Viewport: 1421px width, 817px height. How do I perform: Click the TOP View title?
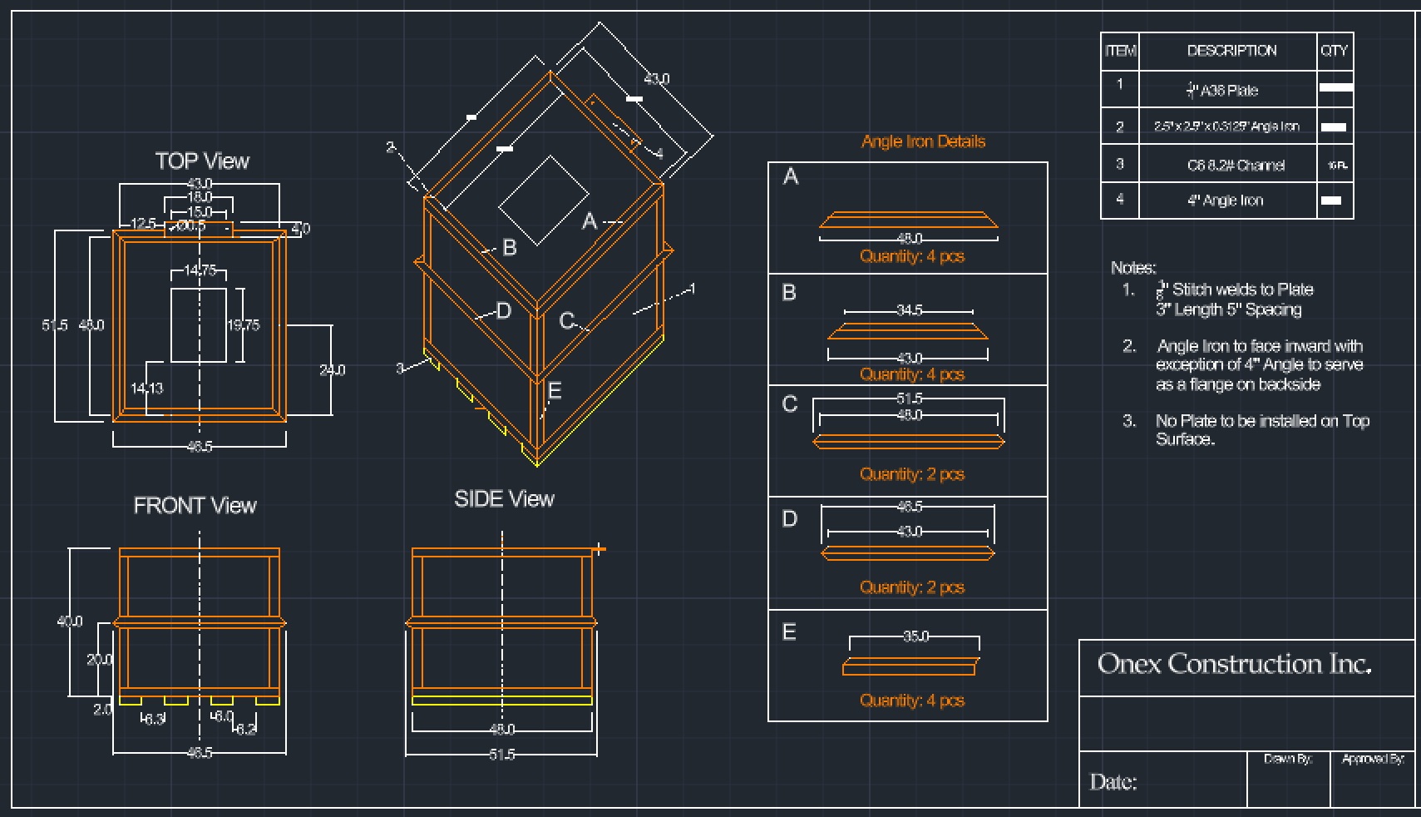202,161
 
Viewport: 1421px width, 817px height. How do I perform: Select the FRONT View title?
195,506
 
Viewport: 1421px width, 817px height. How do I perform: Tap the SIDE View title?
504,499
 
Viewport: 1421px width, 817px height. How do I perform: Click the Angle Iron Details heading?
923,141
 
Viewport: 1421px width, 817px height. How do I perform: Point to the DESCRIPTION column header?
1231,51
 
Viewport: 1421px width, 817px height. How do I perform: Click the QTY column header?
1334,51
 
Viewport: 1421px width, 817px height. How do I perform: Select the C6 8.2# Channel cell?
1236,166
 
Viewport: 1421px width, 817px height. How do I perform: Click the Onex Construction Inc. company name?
1234,664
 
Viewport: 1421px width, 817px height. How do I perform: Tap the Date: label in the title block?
1113,782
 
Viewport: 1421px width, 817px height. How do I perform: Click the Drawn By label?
1288,759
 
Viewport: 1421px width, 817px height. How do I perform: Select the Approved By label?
1373,759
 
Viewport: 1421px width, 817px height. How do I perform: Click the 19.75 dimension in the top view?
244,325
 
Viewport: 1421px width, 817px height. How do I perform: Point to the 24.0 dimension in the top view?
332,369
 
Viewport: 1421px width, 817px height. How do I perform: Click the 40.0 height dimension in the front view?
70,621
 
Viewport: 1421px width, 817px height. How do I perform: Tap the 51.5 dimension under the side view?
501,755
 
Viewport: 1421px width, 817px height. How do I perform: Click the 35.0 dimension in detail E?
915,636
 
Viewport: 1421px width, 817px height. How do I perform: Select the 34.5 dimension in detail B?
909,310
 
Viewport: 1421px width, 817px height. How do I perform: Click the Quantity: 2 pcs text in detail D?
911,587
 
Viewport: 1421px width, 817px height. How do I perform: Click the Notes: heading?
1133,268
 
